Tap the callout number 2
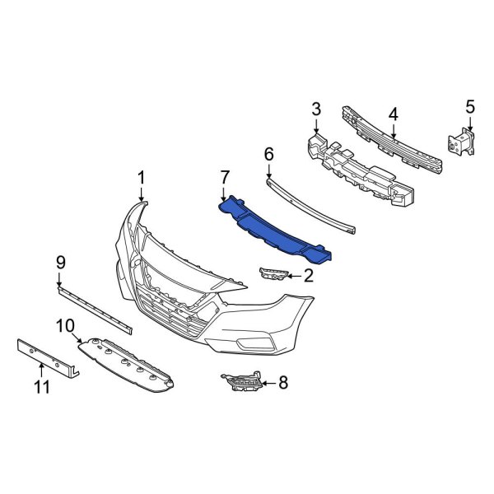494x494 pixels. pyautogui.click(x=308, y=276)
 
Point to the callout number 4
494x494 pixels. pyautogui.click(x=394, y=113)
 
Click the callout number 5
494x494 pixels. pyautogui.click(x=470, y=105)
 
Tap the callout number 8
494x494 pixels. pyautogui.click(x=284, y=381)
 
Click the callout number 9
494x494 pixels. pyautogui.click(x=60, y=263)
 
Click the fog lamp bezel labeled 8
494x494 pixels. pyautogui.click(x=242, y=384)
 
